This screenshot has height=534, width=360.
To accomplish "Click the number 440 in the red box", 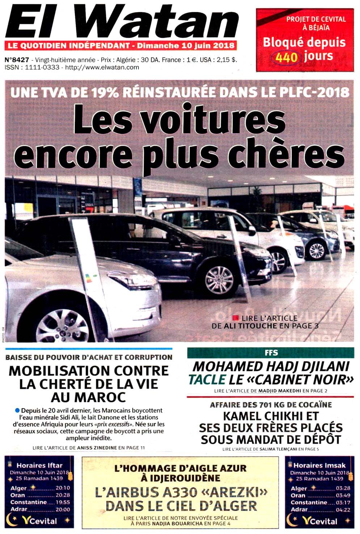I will point(286,57).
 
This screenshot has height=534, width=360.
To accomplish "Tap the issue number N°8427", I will point(17,60).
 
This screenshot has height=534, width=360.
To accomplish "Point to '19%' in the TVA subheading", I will point(105,93).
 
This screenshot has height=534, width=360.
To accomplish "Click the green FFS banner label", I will point(271,353).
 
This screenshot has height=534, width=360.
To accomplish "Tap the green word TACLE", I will point(207,380).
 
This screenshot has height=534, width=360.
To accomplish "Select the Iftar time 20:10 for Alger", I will point(63,488).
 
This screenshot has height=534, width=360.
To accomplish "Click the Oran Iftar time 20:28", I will point(63,495).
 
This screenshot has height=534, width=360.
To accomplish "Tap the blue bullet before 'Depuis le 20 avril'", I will point(17,411).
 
